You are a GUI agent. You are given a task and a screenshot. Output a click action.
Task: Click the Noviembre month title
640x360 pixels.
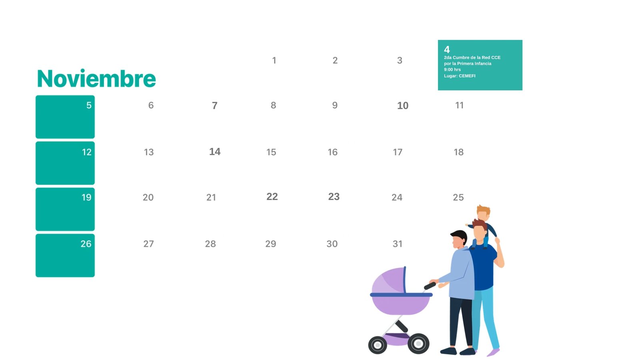(96, 78)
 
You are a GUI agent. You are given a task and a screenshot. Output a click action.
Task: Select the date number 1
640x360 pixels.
(274, 60)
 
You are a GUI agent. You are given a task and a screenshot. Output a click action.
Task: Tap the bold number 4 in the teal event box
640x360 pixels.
(447, 50)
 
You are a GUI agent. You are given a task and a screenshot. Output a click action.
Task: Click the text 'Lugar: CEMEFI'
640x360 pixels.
(460, 76)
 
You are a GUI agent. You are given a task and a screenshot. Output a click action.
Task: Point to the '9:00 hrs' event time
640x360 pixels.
(452, 70)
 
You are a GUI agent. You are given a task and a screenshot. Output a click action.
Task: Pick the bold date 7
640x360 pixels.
(214, 106)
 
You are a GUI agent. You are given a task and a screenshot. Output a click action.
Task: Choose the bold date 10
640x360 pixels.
(402, 106)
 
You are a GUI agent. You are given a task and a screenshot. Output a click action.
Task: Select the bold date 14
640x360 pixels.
(214, 152)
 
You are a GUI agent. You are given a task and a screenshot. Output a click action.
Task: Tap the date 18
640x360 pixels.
(458, 152)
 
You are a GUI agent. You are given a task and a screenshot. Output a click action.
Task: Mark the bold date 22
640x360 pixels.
(272, 196)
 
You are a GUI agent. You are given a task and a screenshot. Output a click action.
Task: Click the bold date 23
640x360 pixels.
(334, 196)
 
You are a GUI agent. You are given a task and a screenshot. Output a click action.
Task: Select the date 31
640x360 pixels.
(398, 244)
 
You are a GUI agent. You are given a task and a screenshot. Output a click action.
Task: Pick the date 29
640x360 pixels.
(270, 244)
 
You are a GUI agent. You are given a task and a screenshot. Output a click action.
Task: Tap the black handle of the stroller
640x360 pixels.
(430, 286)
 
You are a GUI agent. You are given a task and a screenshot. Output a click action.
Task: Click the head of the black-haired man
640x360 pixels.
(459, 240)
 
